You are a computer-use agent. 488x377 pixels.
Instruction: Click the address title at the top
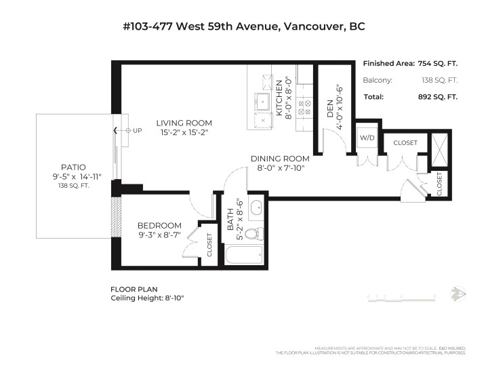tap(243, 27)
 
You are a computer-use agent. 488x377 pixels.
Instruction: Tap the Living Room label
tap(184, 123)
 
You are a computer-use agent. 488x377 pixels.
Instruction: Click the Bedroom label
tap(159, 226)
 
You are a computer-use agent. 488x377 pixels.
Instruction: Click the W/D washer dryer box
tap(367, 138)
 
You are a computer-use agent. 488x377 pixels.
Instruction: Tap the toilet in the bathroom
tap(253, 235)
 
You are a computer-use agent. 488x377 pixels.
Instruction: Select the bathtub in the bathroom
tap(243, 256)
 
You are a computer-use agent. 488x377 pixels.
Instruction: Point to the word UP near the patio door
tap(138, 130)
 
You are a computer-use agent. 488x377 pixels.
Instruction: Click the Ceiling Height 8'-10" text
tap(147, 297)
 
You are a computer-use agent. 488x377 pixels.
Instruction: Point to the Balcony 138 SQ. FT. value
tap(438, 80)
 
